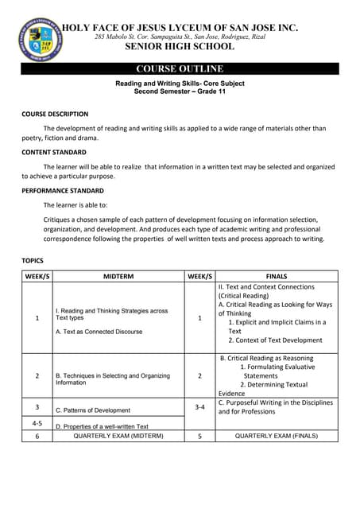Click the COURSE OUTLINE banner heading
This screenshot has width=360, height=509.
click(x=180, y=68)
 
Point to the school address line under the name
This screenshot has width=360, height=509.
click(x=180, y=37)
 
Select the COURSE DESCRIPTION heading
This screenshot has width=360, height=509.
click(x=55, y=114)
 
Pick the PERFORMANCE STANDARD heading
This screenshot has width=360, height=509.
click(x=62, y=191)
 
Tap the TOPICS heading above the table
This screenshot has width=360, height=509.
click(x=33, y=260)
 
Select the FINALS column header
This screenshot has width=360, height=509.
click(x=277, y=276)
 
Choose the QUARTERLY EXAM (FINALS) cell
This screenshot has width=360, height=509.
click(x=277, y=436)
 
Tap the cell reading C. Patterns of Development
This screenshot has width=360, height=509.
click(x=93, y=410)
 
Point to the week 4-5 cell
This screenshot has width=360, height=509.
click(x=37, y=423)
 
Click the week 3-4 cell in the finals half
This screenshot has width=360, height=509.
click(x=199, y=407)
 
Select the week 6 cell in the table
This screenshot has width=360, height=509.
click(x=37, y=436)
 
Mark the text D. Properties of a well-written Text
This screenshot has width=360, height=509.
click(x=102, y=426)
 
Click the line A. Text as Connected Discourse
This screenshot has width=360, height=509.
click(x=99, y=331)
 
